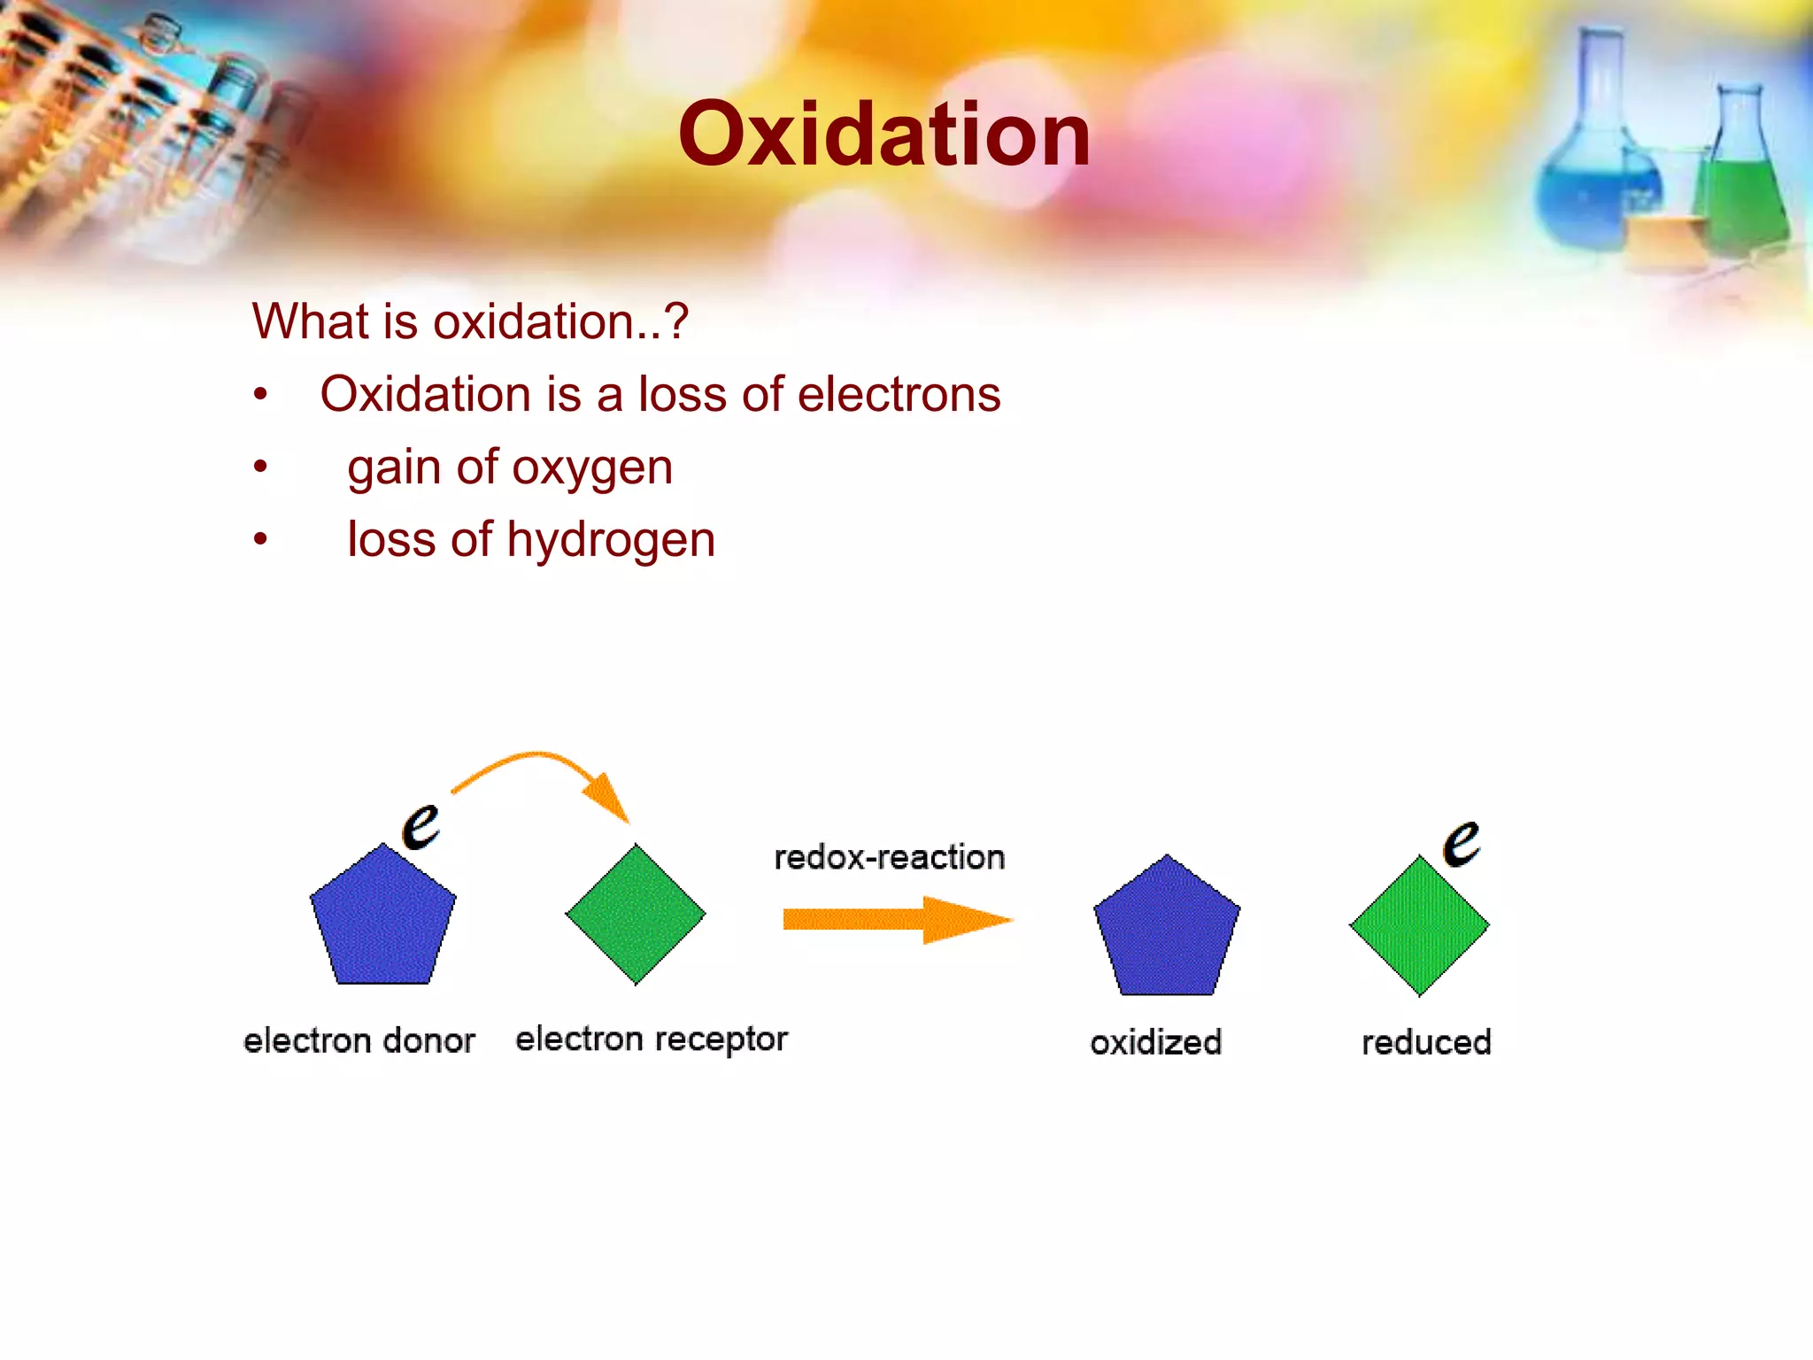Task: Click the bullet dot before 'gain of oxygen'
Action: coord(259,467)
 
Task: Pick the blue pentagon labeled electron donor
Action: coord(382,919)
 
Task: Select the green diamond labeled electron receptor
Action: coord(636,914)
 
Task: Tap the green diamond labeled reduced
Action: coord(1419,926)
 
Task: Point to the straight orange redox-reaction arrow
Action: coord(894,920)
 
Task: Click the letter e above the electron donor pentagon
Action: coord(420,825)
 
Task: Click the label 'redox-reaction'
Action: coord(889,857)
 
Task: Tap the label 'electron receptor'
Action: coord(651,1039)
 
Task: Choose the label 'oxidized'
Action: coord(1155,1042)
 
